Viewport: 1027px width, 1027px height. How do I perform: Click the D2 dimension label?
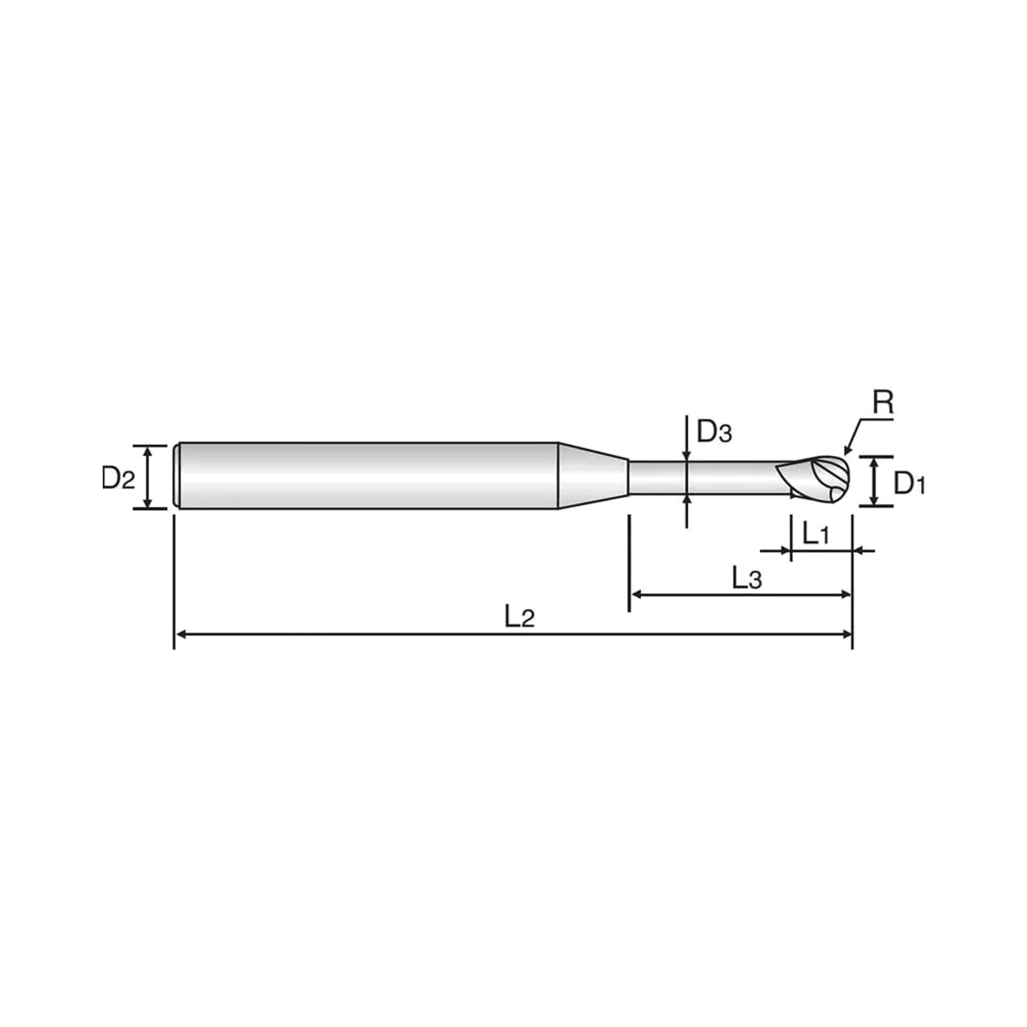point(118,479)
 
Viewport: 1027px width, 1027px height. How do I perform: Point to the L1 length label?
point(815,533)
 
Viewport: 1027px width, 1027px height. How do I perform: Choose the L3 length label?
point(747,578)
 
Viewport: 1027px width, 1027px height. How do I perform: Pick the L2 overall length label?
point(519,617)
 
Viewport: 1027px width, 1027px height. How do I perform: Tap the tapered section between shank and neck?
point(593,476)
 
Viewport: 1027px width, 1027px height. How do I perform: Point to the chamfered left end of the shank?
point(177,476)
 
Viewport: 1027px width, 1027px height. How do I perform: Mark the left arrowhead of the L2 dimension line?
point(181,634)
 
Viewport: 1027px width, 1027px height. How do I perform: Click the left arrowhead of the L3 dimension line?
point(636,594)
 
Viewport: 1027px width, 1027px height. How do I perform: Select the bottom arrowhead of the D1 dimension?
point(873,499)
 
